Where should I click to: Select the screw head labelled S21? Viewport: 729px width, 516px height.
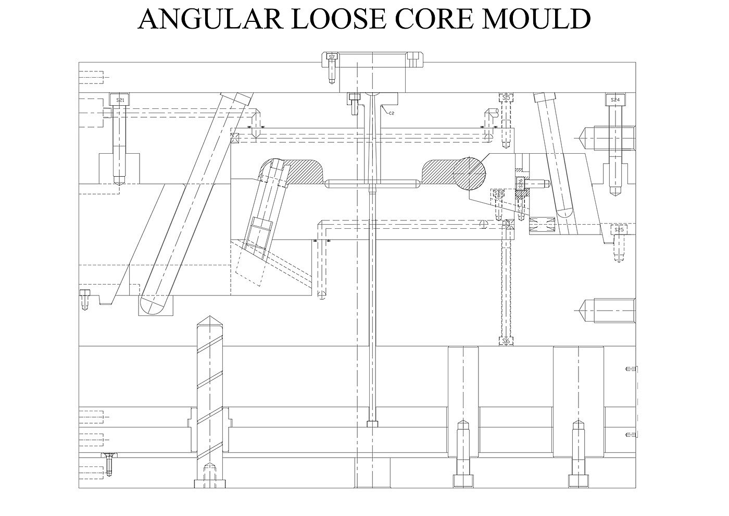(120, 100)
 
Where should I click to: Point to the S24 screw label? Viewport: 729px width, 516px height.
(615, 100)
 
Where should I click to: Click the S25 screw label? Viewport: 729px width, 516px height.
(619, 229)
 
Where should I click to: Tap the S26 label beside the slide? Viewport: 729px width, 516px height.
(520, 183)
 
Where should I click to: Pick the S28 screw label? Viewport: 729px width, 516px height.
(499, 193)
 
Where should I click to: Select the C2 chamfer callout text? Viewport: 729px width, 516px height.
(391, 113)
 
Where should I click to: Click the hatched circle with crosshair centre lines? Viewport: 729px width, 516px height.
(469, 173)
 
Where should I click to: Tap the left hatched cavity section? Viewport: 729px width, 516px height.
(305, 173)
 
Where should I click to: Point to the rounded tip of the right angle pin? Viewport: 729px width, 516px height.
(564, 213)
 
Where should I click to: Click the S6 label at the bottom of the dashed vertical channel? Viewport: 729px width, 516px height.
(505, 341)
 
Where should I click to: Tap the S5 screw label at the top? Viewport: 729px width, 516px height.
(506, 97)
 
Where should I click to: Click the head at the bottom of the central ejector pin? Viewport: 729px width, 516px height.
(371, 424)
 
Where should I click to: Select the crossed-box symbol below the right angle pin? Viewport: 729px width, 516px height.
(540, 225)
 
